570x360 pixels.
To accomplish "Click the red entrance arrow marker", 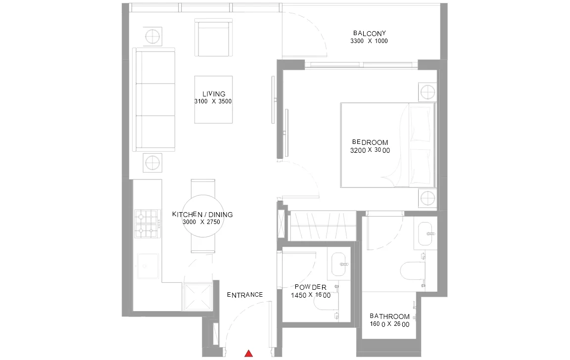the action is point(249,353).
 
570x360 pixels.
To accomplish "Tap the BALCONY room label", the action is point(369,34).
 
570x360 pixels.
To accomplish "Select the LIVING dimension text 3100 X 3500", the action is point(213,101).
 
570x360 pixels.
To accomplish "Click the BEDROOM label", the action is point(370,142).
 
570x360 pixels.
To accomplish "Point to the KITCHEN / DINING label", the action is point(202,215).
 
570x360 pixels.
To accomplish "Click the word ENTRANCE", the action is point(244,295).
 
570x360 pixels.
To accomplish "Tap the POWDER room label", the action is point(310,287).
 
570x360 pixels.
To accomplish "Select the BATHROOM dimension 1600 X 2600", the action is point(389,324).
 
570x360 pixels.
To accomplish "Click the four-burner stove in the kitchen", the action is point(147,224).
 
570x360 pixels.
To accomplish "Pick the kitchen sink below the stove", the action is point(147,266).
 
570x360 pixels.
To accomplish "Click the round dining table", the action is point(203,216).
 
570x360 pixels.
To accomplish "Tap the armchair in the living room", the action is point(213,38).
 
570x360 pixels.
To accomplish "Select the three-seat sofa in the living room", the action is point(154,99).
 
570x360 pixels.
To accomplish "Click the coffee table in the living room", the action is point(213,99).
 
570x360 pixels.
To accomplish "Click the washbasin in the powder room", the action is point(339,264).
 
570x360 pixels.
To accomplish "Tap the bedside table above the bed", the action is point(427,92).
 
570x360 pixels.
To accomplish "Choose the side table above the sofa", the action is point(152,37).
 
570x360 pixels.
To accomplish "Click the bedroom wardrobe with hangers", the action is point(323,225).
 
